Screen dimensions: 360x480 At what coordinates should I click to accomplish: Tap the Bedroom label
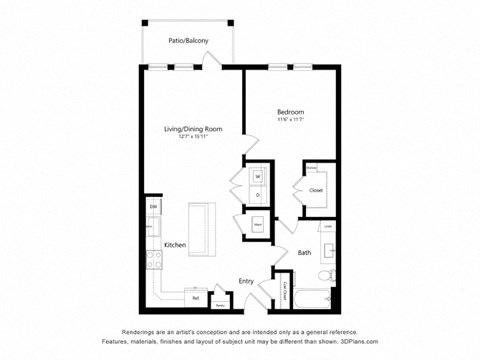290,112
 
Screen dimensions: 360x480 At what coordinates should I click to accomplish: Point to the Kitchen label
175,244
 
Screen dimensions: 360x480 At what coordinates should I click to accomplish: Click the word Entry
246,281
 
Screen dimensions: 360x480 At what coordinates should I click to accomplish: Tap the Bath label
304,253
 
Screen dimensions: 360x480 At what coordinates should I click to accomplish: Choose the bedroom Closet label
316,188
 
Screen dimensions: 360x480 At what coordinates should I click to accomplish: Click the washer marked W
257,177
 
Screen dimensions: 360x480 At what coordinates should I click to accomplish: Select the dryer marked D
257,194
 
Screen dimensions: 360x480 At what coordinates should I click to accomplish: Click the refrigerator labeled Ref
196,297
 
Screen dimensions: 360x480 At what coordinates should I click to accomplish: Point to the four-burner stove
154,261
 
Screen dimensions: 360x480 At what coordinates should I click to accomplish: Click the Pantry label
219,304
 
